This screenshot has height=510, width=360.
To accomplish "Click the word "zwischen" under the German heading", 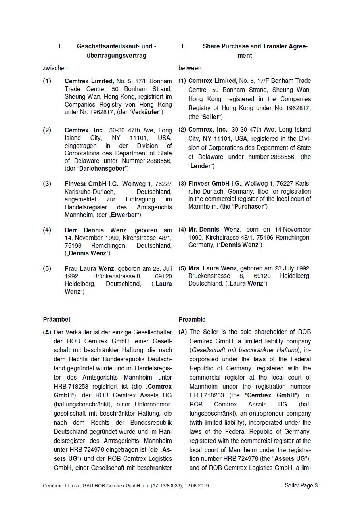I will pos(55,68).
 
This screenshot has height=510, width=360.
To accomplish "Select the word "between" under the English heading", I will pos(190,68).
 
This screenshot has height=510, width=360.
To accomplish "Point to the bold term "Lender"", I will pos(201,166).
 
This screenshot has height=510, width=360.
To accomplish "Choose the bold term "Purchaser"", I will pos(249,207).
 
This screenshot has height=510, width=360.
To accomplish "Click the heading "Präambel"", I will pos(56,319).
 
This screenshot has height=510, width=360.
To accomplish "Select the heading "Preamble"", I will pos(192,319).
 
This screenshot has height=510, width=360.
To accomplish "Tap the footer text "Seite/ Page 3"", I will pos(301,485).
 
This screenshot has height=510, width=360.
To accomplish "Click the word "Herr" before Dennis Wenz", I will pos(72,230).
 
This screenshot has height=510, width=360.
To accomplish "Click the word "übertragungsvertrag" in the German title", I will pos(116,56).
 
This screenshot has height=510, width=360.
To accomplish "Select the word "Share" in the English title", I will pos(211,46).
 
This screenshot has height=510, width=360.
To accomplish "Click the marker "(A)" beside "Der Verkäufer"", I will pos(47,332).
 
